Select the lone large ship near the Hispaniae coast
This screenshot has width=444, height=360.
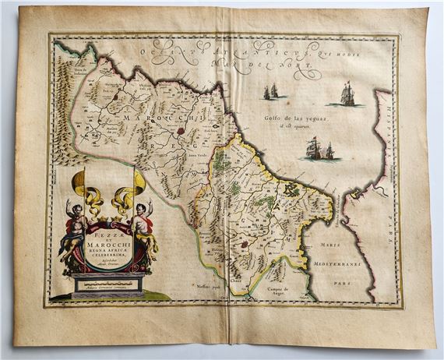point(346,95)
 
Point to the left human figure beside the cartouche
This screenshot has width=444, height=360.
point(73,230)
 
